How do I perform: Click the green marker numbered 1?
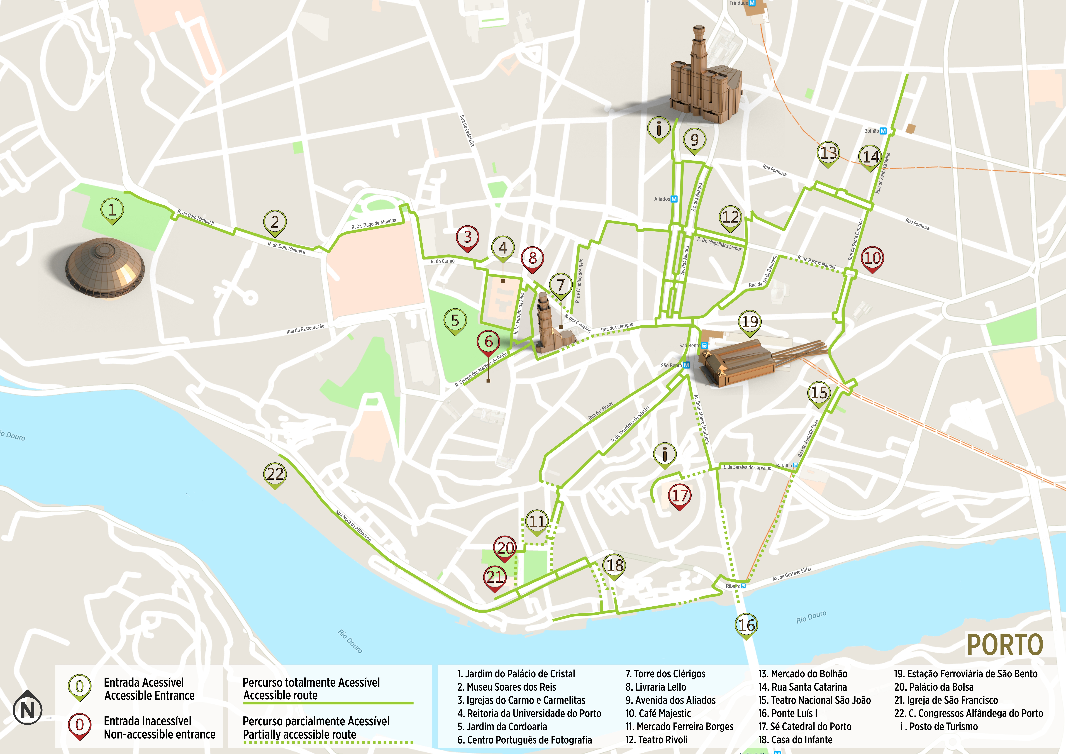(112, 210)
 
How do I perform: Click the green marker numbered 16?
(746, 626)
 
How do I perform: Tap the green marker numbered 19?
(750, 322)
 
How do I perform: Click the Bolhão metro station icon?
(883, 131)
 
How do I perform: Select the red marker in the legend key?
(79, 726)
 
